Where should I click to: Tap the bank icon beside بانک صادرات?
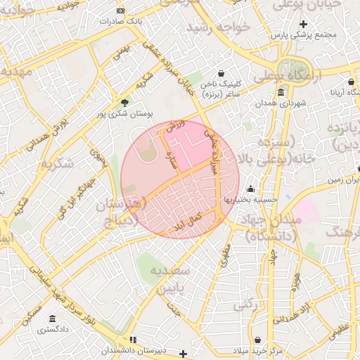click(x=120, y=11)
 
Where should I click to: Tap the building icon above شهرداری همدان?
click(x=281, y=93)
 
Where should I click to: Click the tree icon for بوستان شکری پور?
click(x=125, y=103)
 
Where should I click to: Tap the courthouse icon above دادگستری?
click(x=53, y=319)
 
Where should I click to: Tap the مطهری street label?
click(x=225, y=255)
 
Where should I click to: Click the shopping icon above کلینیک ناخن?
click(x=221, y=73)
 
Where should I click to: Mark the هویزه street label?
click(x=296, y=282)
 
